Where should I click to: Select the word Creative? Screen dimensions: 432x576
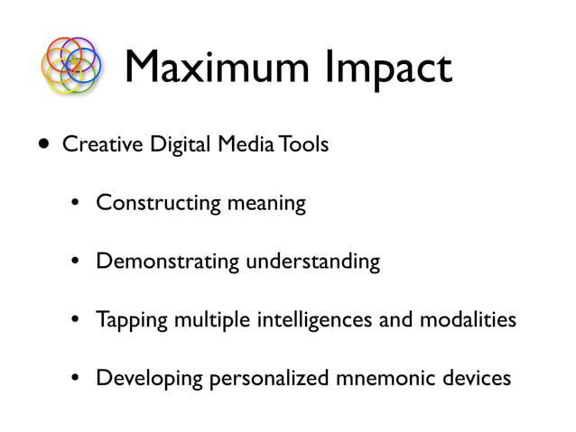99,147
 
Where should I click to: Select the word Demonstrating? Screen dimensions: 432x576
168,262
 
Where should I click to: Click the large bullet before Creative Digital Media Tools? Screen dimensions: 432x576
43,146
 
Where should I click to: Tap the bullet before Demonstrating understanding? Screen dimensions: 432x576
79,262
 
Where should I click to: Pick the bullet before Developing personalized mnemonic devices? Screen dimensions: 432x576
79,378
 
